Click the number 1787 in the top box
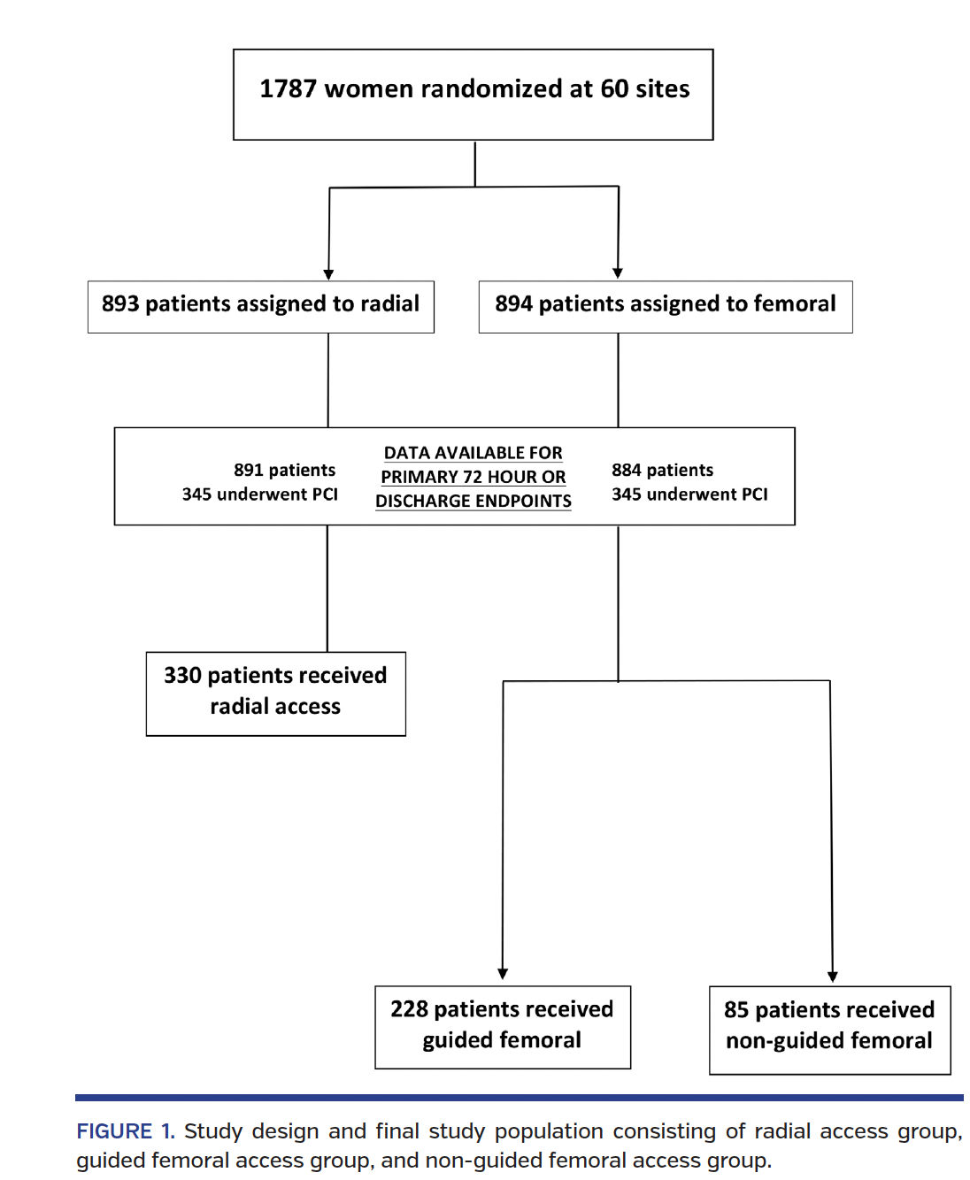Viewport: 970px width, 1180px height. click(x=288, y=89)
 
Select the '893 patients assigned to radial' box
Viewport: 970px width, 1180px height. click(x=260, y=306)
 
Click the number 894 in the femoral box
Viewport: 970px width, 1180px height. click(x=513, y=304)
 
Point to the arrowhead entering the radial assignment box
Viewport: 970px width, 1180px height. click(x=328, y=274)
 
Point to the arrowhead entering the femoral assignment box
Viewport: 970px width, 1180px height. click(x=618, y=273)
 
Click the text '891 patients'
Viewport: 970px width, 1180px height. click(x=284, y=470)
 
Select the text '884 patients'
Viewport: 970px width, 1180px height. click(x=662, y=470)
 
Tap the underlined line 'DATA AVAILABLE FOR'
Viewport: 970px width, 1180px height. click(x=473, y=453)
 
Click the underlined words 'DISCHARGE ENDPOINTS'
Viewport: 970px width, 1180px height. click(x=473, y=501)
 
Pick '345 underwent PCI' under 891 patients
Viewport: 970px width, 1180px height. click(x=259, y=494)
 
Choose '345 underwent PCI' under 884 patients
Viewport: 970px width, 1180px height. click(x=689, y=494)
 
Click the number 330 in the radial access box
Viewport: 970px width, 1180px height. click(x=182, y=676)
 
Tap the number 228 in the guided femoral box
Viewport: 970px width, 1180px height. click(x=409, y=1009)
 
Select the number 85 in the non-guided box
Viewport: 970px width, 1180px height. click(x=735, y=1010)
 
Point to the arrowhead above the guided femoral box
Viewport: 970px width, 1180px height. click(x=503, y=974)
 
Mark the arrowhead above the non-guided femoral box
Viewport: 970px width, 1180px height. click(x=832, y=977)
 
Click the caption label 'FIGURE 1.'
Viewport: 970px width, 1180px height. click(x=125, y=1131)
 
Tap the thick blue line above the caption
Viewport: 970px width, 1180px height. click(x=519, y=1098)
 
